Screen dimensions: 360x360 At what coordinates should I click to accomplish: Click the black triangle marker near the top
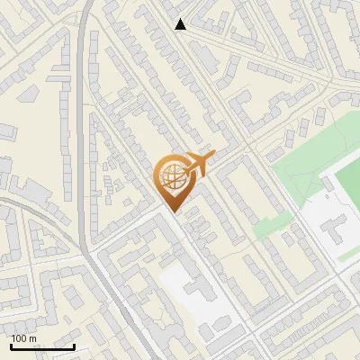pyautogui.click(x=181, y=24)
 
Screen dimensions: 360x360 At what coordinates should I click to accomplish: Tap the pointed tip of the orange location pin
pyautogui.click(x=171, y=211)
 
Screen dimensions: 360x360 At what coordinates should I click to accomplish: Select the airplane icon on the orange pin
pyautogui.click(x=199, y=165)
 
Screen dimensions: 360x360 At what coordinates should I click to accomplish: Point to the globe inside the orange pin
pyautogui.click(x=170, y=177)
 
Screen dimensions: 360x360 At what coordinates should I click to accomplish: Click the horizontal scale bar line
pyautogui.click(x=42, y=346)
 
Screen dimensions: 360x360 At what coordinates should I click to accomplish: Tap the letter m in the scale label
pyautogui.click(x=33, y=338)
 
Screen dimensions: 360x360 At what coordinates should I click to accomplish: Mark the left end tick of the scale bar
pyautogui.click(x=12, y=345)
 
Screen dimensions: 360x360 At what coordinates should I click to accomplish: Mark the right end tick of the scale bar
pyautogui.click(x=74, y=345)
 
